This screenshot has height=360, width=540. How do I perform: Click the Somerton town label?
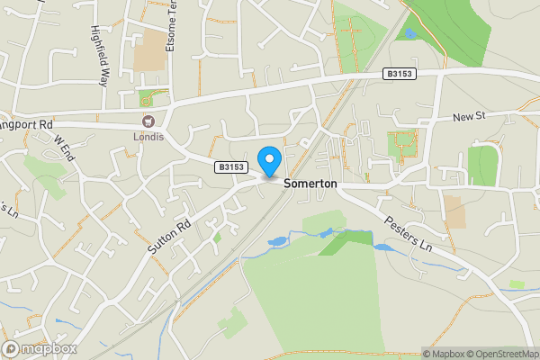(x=310, y=183)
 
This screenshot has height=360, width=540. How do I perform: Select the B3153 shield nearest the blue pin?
(x=231, y=167)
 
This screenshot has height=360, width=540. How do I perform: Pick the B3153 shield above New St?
(x=400, y=74)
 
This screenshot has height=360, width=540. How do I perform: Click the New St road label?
(x=469, y=117)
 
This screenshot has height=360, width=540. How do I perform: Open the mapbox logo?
(x=40, y=348)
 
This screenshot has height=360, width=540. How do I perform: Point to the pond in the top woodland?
(x=409, y=33)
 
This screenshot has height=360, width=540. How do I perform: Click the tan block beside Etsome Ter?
(x=149, y=52)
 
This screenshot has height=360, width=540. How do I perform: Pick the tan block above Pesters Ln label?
(x=455, y=211)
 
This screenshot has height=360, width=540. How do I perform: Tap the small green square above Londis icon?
(x=146, y=99)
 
